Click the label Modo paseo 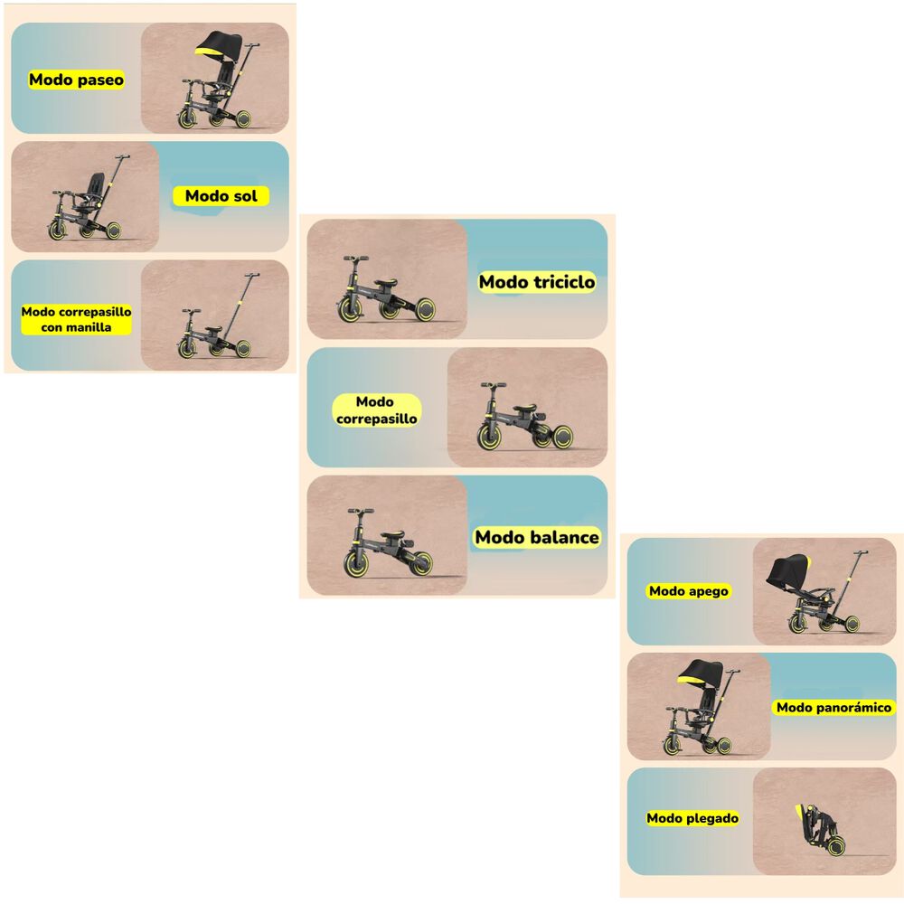76,80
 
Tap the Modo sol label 221,196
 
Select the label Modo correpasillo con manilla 77,319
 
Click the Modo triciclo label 537,282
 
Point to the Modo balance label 537,538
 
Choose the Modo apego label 689,591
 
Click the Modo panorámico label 834,708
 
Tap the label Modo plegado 692,818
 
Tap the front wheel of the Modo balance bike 356,566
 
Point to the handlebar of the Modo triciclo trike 355,259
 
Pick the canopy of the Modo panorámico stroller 702,673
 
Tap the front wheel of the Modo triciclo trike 351,309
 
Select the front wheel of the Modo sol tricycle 58,231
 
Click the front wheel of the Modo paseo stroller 188,119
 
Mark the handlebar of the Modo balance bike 360,513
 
